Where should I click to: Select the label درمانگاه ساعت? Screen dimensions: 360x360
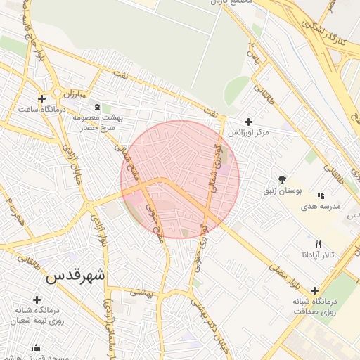tap(42, 109)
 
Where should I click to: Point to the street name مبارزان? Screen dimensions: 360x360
tap(72, 94)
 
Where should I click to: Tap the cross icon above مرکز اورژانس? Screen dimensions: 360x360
tap(248, 122)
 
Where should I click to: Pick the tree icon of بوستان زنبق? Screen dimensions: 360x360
tap(283, 179)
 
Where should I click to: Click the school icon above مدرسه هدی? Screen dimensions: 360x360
tap(321, 195)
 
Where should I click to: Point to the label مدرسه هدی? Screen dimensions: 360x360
tap(321, 207)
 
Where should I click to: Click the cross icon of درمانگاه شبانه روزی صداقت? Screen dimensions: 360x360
tap(314, 290)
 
